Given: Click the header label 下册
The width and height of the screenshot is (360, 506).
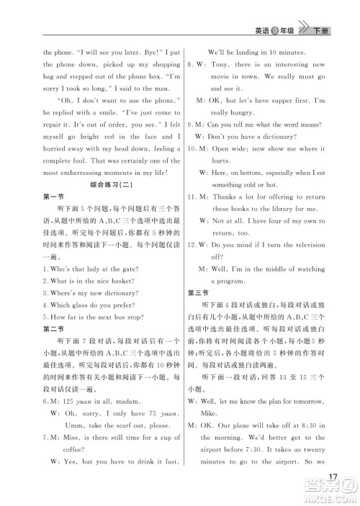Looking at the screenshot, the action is [323, 30].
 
